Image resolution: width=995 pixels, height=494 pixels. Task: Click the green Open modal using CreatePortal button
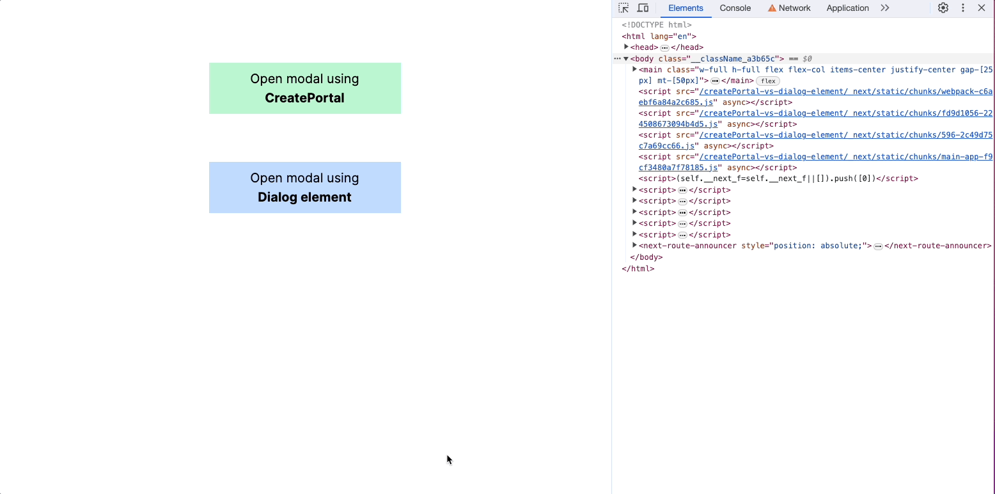click(305, 88)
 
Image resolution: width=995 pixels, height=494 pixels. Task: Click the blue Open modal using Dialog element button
click(305, 187)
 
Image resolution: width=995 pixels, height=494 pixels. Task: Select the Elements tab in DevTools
click(686, 8)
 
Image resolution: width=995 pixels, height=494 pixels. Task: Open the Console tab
click(735, 8)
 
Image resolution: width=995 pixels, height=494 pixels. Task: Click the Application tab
click(847, 8)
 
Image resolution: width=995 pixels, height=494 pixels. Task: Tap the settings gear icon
click(943, 8)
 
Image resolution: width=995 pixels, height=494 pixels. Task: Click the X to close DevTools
click(982, 8)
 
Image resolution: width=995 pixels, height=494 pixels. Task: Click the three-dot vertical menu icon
click(963, 8)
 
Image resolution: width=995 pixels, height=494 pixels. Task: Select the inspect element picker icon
click(623, 8)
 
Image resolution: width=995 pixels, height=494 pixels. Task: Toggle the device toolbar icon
click(643, 8)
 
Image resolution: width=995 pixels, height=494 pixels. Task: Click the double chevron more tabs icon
click(885, 8)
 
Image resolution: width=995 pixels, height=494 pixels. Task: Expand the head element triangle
click(626, 47)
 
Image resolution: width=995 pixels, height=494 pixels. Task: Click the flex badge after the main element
click(768, 81)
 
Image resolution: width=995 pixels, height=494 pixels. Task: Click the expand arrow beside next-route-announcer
click(635, 245)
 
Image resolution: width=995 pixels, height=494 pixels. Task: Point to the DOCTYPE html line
click(657, 25)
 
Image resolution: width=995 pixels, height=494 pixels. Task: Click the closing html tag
click(638, 269)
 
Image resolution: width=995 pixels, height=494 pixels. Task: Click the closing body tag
click(646, 257)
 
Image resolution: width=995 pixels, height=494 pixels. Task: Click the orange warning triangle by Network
click(772, 8)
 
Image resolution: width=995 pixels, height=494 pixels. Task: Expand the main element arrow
click(635, 69)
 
